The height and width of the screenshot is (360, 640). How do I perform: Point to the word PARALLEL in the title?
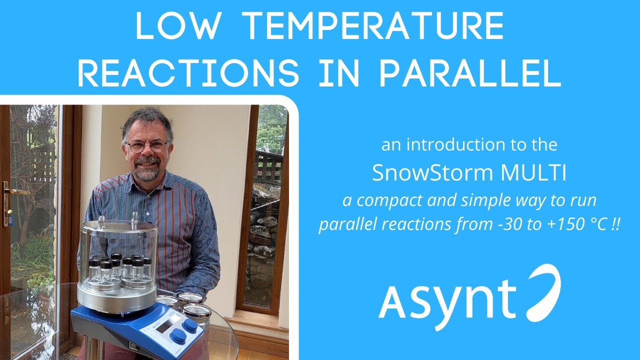(x=469, y=73)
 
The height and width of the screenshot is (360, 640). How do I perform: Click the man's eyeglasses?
(x=146, y=146)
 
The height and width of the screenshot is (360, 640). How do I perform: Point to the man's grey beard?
(x=147, y=172)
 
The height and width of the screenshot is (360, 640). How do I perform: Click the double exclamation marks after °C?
(x=615, y=224)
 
